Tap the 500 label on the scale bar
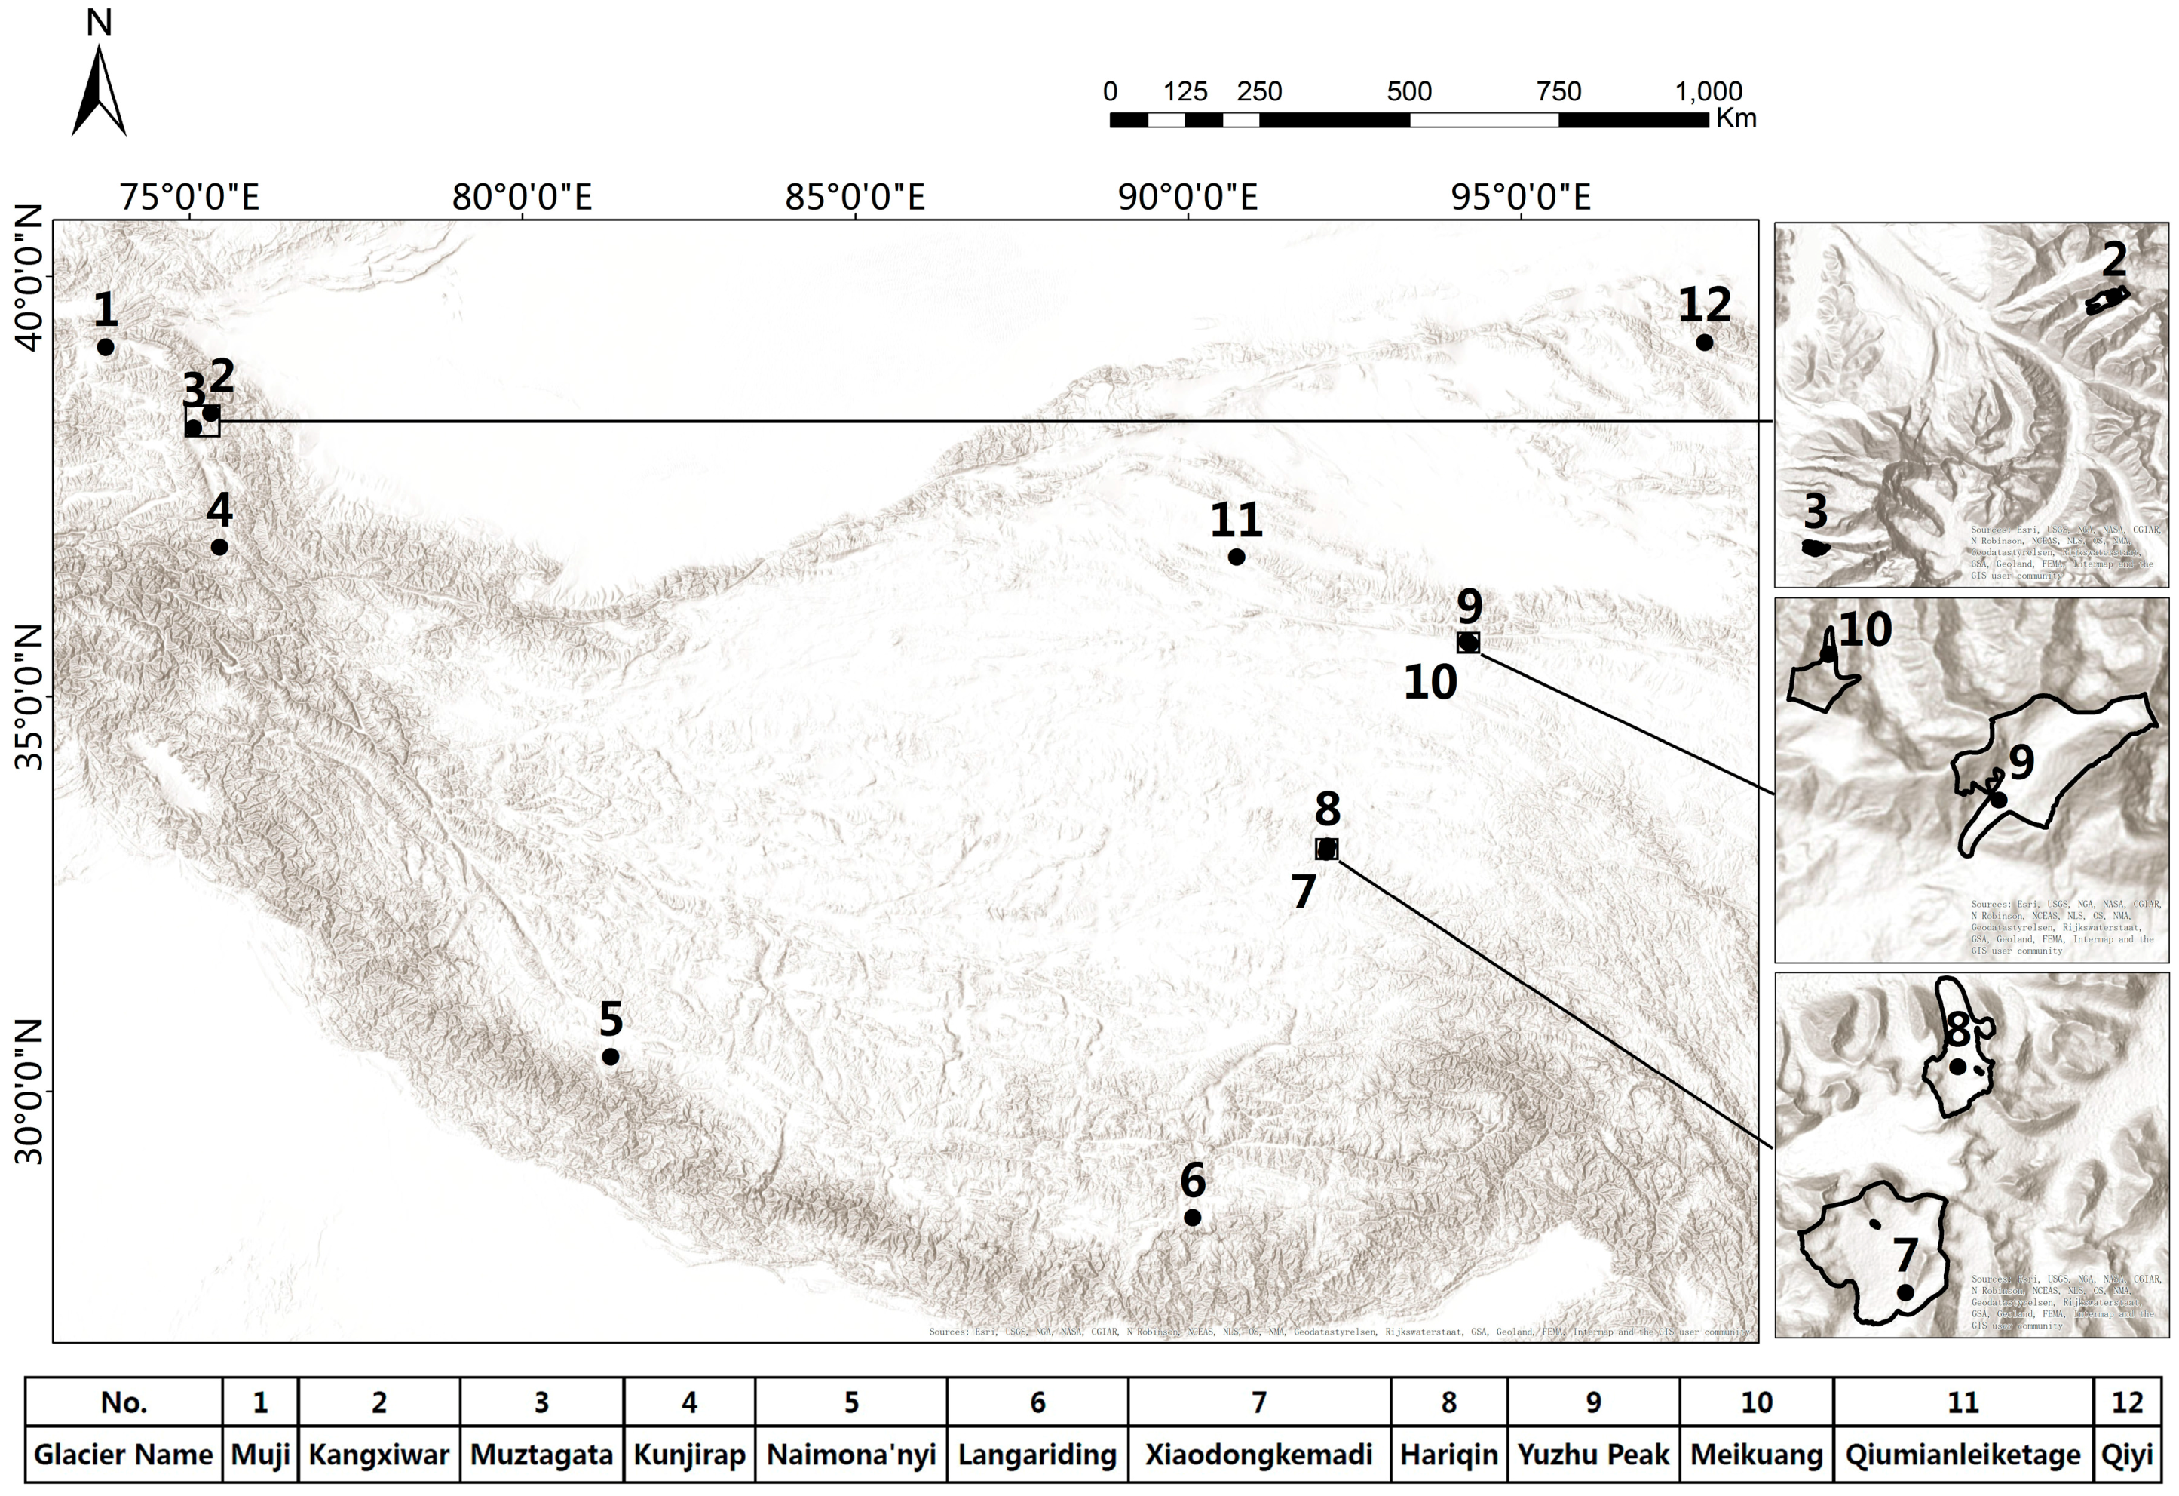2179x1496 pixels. pos(1408,92)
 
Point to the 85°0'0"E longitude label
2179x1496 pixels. pos(855,198)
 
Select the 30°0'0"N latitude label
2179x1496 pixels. pos(30,1092)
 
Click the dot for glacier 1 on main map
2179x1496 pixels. pos(106,348)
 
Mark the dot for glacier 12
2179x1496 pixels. pos(1705,343)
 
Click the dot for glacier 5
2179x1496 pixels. pos(611,1057)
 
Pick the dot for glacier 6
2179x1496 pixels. pos(1193,1218)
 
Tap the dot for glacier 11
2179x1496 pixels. pos(1237,557)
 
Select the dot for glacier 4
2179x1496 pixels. pos(219,547)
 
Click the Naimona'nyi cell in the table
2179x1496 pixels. pos(850,1455)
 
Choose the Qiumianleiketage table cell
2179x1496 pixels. pos(1963,1455)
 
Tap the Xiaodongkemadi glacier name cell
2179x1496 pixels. pos(1258,1455)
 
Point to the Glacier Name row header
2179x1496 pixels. pos(123,1455)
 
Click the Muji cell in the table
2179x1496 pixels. pos(259,1455)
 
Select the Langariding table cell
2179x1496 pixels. pos(1037,1455)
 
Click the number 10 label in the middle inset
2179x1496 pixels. pos(1865,630)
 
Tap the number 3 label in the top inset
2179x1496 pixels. pos(1816,512)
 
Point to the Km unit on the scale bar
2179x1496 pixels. pos(1736,119)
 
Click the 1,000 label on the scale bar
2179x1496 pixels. pos(1709,92)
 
